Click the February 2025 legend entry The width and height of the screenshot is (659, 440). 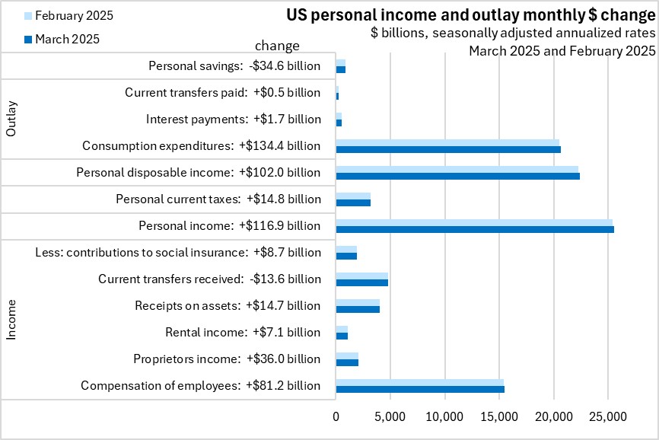68,15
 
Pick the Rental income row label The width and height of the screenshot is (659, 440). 243,332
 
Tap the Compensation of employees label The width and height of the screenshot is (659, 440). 200,385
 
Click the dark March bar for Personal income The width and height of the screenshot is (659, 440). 474,229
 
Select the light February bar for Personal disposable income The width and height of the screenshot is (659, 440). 457,169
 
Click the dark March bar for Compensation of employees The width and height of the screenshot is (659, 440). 419,389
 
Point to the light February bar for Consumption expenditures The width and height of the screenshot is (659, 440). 447,142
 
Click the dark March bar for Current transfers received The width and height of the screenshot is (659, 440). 361,282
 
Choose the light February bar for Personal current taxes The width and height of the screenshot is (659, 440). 353,196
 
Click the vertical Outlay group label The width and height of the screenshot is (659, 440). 11,120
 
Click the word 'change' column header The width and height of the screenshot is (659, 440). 277,46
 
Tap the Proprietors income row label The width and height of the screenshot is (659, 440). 227,359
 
